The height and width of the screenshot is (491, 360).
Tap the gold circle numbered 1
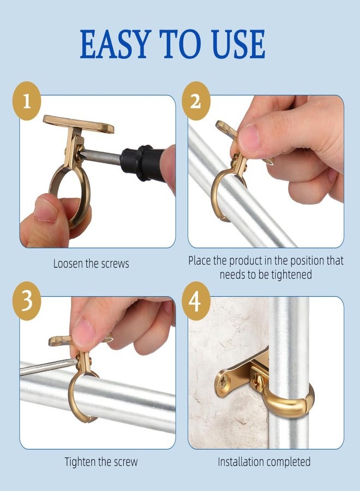(27, 101)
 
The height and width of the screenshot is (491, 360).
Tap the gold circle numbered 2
(196, 101)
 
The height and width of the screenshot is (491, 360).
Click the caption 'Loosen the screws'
(91, 264)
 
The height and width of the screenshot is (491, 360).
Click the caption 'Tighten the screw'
(101, 462)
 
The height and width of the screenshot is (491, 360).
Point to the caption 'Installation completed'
(264, 462)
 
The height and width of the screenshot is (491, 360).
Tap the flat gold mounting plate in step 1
(79, 124)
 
